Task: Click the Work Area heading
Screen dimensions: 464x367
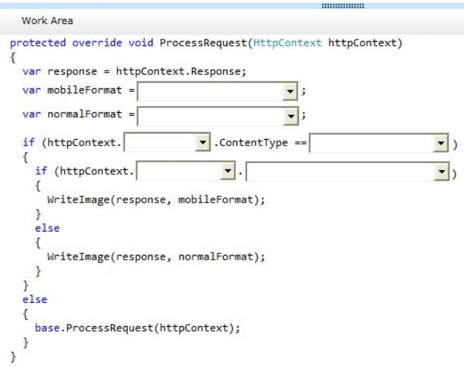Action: tap(47, 20)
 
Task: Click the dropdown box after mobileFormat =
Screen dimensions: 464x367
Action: tap(218, 91)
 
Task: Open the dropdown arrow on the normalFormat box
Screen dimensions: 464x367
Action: tap(291, 116)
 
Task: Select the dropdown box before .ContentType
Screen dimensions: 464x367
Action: tap(167, 143)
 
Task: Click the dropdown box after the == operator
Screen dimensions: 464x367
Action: tap(379, 143)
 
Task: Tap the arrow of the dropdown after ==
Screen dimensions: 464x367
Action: tap(441, 143)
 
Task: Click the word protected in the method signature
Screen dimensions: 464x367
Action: tap(38, 43)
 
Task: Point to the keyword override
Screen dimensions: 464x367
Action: tap(97, 42)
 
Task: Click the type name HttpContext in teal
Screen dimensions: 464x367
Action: tap(287, 42)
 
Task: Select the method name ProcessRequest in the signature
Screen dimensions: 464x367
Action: tap(203, 43)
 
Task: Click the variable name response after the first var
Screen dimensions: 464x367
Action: tap(72, 71)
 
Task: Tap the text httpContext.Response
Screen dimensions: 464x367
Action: tap(180, 71)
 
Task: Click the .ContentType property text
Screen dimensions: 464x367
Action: tap(251, 143)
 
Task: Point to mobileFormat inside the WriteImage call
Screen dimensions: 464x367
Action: tap(215, 200)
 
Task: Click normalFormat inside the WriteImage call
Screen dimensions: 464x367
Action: tap(215, 257)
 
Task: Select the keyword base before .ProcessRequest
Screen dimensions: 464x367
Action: tap(47, 327)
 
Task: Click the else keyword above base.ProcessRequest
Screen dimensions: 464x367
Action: tap(35, 299)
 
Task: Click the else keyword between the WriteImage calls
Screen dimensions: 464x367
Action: tap(47, 228)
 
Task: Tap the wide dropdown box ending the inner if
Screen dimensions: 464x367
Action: tap(347, 171)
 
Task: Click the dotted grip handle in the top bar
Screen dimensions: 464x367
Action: tap(343, 6)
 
